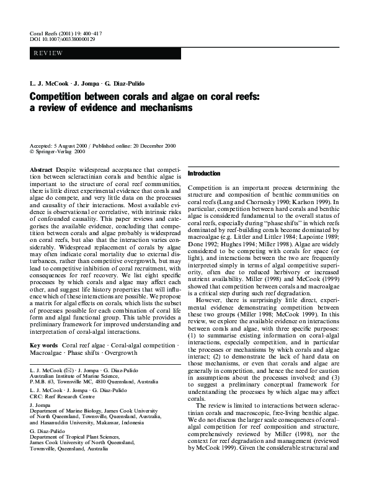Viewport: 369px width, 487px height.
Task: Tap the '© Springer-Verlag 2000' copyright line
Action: point(57,151)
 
